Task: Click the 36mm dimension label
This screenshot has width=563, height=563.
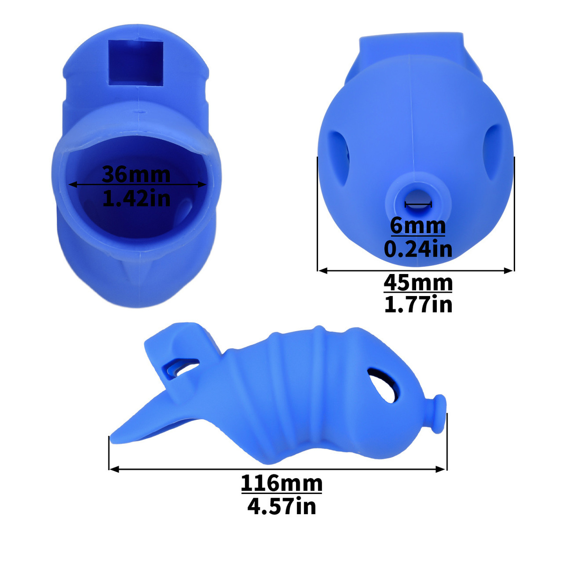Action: coord(136,174)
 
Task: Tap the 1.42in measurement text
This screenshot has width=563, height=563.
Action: coord(136,198)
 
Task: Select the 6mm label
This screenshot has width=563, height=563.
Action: coord(418,226)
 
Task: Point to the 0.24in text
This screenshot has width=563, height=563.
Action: coord(418,249)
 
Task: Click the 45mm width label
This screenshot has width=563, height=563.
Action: coord(418,282)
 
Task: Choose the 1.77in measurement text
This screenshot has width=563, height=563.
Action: coord(418,305)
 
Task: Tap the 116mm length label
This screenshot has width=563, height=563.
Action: coord(281,484)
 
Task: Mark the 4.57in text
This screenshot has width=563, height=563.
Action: coord(281,506)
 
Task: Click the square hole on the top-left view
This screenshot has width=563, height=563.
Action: coord(136,63)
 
